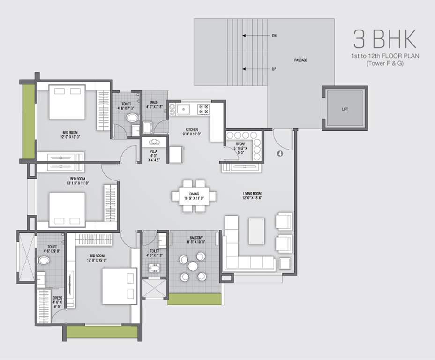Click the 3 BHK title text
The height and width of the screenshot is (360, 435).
pyautogui.click(x=384, y=40)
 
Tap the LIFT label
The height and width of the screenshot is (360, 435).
pyautogui.click(x=345, y=109)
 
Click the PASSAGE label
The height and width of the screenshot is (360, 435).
pyautogui.click(x=300, y=60)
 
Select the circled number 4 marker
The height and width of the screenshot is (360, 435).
pyautogui.click(x=279, y=153)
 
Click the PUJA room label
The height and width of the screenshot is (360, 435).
pyautogui.click(x=153, y=151)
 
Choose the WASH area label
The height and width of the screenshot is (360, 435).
pyautogui.click(x=154, y=102)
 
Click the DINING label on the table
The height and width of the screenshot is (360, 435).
pyautogui.click(x=194, y=193)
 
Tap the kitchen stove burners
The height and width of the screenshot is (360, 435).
pyautogui.click(x=203, y=109)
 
